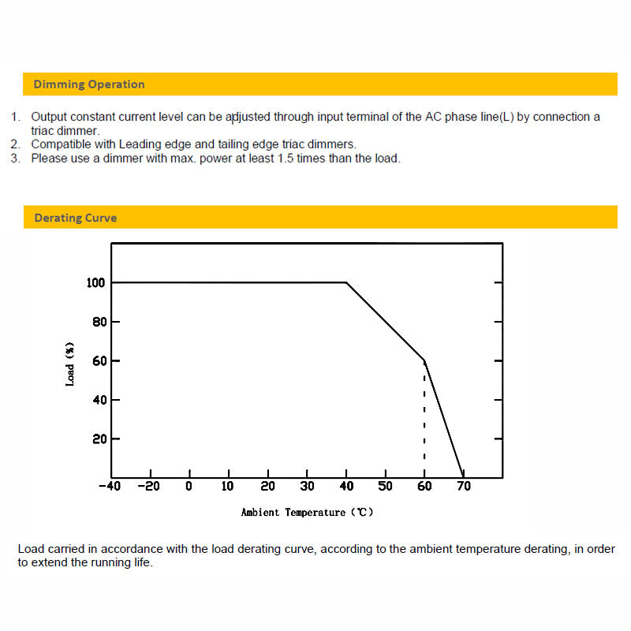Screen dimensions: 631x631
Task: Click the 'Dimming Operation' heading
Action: (x=89, y=84)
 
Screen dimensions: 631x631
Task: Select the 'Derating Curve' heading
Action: (x=76, y=218)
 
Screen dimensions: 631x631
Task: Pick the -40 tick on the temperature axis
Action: (x=110, y=487)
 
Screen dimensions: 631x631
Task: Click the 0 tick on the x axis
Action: (x=189, y=487)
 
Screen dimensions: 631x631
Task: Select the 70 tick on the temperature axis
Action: (x=464, y=487)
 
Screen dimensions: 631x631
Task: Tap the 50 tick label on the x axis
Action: (x=385, y=487)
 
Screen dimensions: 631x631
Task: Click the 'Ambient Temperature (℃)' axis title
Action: (x=307, y=513)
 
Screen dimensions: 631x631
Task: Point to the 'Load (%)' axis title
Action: (x=70, y=364)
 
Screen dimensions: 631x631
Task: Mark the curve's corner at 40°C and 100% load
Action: (x=346, y=282)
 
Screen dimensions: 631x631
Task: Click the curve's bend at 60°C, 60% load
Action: (x=424, y=361)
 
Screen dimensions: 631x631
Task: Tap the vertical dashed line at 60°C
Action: (x=424, y=418)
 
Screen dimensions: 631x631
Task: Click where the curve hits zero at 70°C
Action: (x=463, y=476)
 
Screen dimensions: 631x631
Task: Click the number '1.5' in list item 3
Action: (x=286, y=158)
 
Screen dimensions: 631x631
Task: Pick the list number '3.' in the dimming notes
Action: (x=16, y=158)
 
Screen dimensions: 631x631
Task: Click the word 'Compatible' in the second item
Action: (x=60, y=144)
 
